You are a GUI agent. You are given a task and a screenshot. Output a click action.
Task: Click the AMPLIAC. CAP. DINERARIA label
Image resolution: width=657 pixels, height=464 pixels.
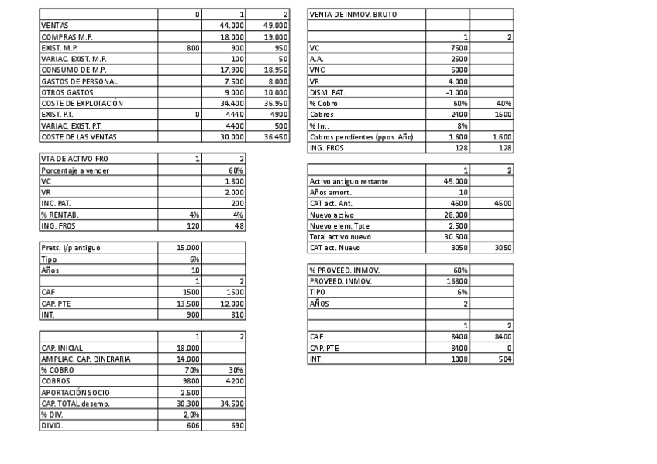coord(86,359)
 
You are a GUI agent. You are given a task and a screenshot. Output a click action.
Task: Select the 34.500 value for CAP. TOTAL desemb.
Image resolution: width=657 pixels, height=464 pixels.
coord(232,404)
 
